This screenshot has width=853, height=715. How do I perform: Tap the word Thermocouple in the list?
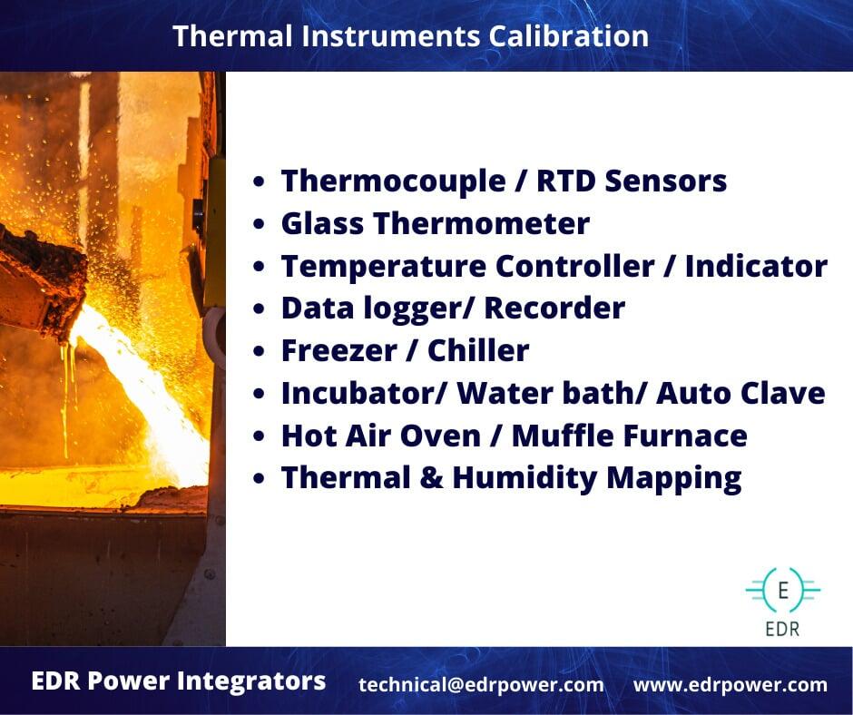coord(393,182)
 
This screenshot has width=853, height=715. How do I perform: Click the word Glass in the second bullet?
coord(322,223)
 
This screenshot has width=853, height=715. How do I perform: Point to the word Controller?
coord(574,266)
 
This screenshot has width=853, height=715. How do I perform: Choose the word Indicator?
coord(756,266)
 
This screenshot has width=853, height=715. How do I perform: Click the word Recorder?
coord(554,308)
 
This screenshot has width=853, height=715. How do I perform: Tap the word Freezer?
coord(338,350)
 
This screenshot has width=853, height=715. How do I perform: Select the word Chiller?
coord(478,350)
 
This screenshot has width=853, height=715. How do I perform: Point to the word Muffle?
coord(563,436)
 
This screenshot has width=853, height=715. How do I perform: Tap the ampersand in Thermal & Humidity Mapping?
coord(431,478)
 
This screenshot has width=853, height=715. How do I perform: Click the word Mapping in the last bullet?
coord(673,479)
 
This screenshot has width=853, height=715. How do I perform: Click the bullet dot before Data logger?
coord(259,309)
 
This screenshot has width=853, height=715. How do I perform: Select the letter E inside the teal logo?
coord(783,590)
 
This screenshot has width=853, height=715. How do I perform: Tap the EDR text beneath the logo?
coord(782,629)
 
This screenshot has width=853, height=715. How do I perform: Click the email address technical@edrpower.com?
coord(481,684)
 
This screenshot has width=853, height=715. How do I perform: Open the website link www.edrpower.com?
coord(730,684)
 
